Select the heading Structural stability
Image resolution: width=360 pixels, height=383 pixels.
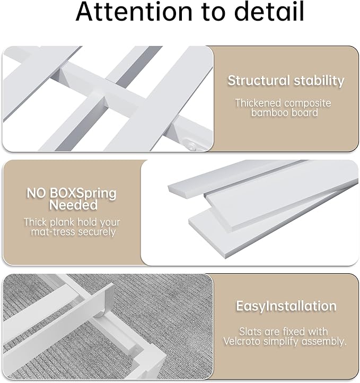286,81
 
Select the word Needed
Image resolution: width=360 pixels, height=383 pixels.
73,205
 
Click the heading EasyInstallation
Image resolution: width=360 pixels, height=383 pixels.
286,306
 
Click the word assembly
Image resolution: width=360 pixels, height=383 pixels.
327,342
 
